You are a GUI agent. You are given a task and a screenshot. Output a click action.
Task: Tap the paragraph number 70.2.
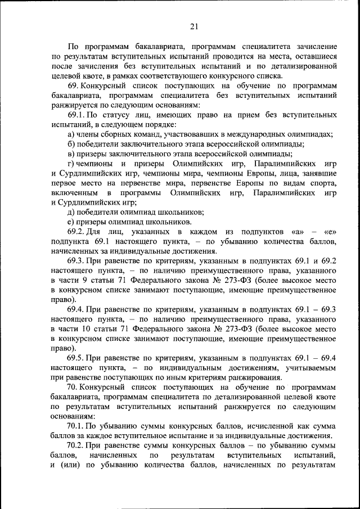[x=76, y=446]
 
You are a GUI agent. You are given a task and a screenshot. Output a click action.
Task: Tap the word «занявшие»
[x=319, y=173]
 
